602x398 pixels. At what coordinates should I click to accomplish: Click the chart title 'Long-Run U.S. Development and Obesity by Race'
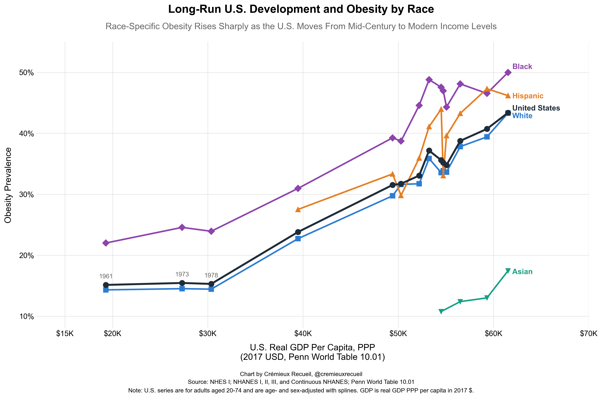[301, 9]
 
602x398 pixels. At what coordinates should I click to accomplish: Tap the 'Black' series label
[522, 66]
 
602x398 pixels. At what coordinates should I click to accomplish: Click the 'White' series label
[522, 116]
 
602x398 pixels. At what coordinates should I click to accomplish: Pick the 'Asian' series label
[522, 272]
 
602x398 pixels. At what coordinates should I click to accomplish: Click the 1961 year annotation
[106, 276]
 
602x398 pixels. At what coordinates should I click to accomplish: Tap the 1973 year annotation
[182, 274]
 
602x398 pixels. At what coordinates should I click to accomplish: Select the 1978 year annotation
[211, 275]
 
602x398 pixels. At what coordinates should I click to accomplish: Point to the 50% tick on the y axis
[27, 73]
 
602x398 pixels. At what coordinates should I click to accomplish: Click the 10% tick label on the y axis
[27, 317]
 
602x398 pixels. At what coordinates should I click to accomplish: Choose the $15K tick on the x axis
[65, 333]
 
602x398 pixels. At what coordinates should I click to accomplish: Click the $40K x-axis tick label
[303, 333]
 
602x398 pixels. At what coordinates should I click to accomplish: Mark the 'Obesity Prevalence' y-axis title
[8, 185]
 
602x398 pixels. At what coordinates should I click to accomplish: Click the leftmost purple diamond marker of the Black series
[106, 243]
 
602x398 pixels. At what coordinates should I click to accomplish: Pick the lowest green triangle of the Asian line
[441, 311]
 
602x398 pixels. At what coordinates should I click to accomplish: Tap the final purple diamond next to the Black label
[508, 73]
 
